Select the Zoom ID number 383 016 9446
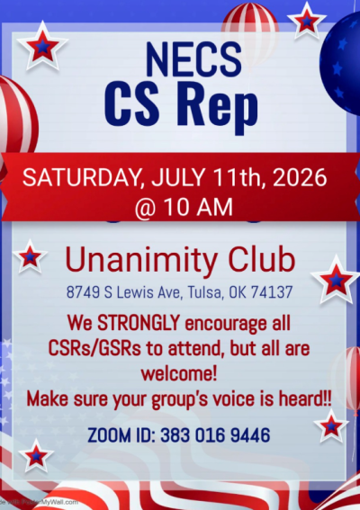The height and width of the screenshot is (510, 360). tap(217, 435)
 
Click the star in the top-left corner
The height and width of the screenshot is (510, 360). tap(40, 46)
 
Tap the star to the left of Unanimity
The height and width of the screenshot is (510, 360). tap(31, 257)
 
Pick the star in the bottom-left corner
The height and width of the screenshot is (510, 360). tap(36, 456)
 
